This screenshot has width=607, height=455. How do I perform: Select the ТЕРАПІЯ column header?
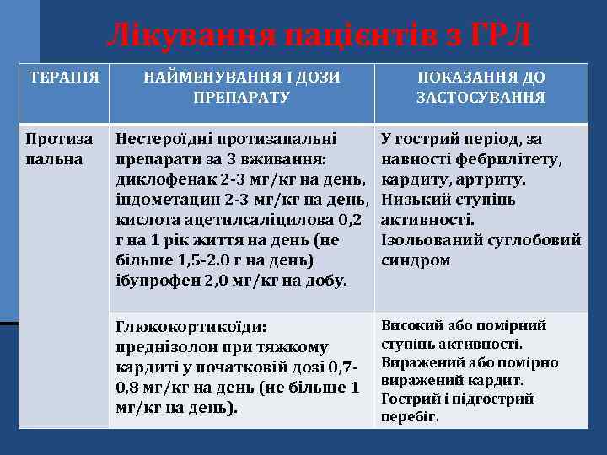click(x=64, y=78)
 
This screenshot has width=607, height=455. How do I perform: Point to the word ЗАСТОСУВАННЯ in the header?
click(x=481, y=98)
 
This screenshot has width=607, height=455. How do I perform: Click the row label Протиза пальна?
click(x=54, y=148)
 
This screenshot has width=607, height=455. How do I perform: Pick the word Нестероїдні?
click(x=157, y=138)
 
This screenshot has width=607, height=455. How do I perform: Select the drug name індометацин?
click(x=164, y=199)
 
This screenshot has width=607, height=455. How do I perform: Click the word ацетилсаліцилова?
click(x=252, y=219)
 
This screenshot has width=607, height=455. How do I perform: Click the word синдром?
click(x=416, y=260)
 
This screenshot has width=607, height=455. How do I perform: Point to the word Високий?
click(x=411, y=326)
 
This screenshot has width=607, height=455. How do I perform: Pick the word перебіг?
click(x=410, y=416)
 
